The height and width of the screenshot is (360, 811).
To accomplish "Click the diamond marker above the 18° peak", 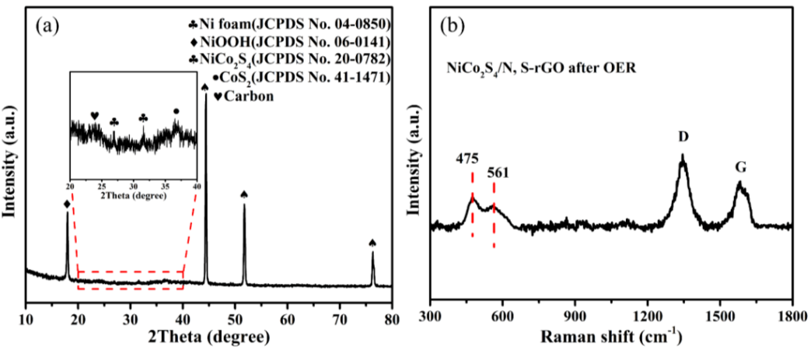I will pyautogui.click(x=67, y=204).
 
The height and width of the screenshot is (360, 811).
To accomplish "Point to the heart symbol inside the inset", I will pyautogui.click(x=95, y=116).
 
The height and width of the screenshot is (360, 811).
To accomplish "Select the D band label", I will pyautogui.click(x=683, y=138).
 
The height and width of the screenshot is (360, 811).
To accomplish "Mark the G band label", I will pyautogui.click(x=739, y=167).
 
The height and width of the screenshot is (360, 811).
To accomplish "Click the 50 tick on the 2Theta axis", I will pyautogui.click(x=235, y=319).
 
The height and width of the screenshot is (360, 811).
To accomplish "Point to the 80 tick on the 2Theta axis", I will pyautogui.click(x=392, y=319).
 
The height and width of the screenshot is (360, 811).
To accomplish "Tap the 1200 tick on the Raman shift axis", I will pyautogui.click(x=647, y=319).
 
